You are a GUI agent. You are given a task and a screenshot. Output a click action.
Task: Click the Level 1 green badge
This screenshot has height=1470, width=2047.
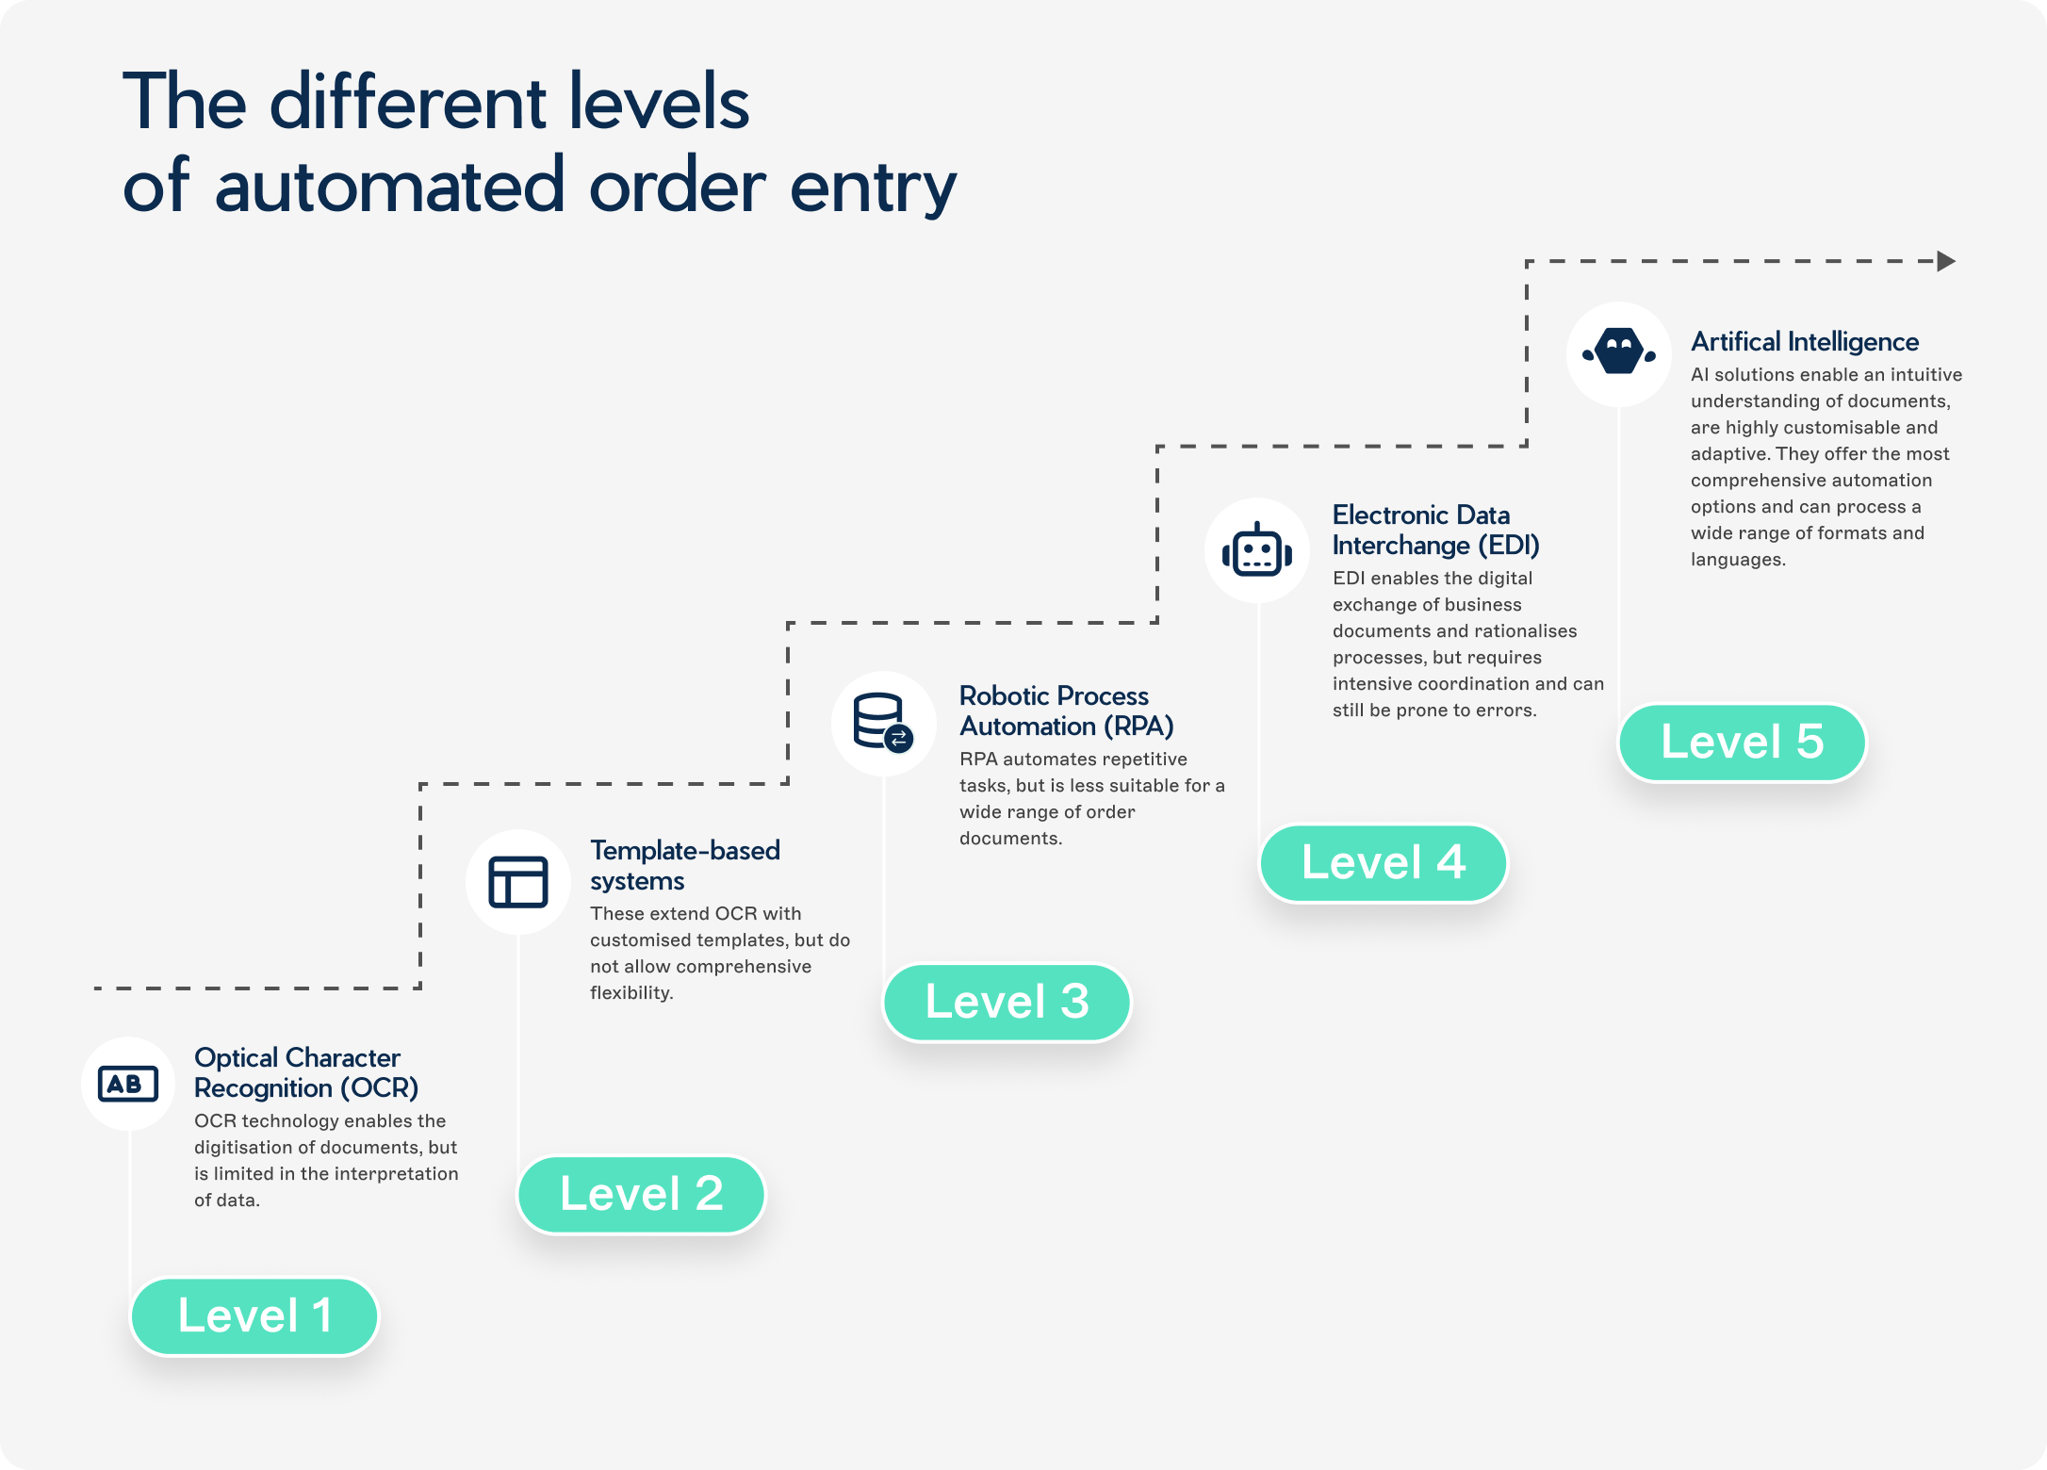pos(254,1316)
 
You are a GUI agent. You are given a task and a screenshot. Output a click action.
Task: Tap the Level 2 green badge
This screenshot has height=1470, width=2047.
pos(641,1195)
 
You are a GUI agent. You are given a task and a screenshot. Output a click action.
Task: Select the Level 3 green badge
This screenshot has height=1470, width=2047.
pos(1007,1002)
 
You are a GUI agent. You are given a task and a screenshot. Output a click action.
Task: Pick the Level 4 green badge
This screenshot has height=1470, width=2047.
pos(1383,863)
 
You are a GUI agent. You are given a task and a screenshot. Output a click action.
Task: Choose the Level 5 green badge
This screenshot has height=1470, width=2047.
pos(1742,743)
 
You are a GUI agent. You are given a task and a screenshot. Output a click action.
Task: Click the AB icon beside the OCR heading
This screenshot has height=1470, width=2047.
pos(128,1084)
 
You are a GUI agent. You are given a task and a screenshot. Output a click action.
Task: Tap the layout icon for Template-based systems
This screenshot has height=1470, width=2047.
pos(517,882)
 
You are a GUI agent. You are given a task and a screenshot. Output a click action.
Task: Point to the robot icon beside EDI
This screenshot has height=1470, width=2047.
pos(1256,550)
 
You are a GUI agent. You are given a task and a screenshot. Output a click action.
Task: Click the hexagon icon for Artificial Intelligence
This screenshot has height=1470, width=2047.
pos(1619,353)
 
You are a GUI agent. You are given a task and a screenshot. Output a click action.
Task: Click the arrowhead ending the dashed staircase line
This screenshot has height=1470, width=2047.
pos(1945,261)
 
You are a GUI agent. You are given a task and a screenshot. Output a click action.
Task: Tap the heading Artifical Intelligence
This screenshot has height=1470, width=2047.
pos(1804,341)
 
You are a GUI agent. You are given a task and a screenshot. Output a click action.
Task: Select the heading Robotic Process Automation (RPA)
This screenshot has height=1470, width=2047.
pos(1066,710)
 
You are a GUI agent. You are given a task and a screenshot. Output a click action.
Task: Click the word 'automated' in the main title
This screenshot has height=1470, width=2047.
pos(390,187)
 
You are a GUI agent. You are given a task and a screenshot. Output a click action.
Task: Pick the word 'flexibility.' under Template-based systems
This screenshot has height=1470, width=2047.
pos(631,992)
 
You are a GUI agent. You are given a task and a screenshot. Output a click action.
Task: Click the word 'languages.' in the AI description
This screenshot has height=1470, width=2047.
pos(1738,559)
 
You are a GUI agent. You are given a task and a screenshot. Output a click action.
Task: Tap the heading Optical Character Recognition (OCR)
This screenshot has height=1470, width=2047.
pos(305,1072)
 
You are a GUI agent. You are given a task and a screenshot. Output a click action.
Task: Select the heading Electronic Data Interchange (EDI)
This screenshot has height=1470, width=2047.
pos(1434,530)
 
